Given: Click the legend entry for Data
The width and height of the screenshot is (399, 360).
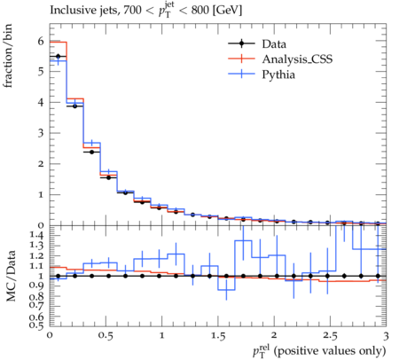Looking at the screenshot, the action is click(x=274, y=44).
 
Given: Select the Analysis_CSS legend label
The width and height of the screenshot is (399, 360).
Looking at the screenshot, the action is click(x=297, y=59).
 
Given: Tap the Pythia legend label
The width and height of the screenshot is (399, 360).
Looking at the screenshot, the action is click(x=278, y=74).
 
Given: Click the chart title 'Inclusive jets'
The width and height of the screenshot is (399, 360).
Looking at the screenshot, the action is click(x=84, y=10).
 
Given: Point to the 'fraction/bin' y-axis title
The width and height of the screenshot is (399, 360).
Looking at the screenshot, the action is click(x=8, y=56).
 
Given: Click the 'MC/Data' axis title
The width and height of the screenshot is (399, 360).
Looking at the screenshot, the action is click(x=11, y=276).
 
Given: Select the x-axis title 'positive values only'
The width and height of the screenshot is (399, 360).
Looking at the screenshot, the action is click(x=330, y=351).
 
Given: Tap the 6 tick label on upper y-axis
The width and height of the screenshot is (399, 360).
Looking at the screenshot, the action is click(x=41, y=41).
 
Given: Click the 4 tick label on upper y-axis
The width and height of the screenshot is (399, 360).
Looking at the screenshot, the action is click(x=41, y=102).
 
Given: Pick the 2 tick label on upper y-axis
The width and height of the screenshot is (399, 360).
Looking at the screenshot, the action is click(x=41, y=164).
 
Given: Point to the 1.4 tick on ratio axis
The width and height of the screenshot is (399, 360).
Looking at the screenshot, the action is click(x=36, y=235).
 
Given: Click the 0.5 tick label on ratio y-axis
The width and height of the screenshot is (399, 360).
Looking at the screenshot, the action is click(x=36, y=325).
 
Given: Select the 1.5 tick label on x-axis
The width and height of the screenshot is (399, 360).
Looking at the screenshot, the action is click(x=218, y=336).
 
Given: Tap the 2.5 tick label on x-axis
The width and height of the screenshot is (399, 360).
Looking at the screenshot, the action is click(x=330, y=336).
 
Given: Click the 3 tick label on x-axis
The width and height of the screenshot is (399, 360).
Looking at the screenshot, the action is click(x=386, y=336).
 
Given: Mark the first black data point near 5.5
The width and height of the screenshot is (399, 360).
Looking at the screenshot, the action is click(x=59, y=56).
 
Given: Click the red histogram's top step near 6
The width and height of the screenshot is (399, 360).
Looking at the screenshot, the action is click(x=59, y=42).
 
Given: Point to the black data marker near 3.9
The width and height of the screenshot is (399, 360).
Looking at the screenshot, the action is click(x=75, y=106).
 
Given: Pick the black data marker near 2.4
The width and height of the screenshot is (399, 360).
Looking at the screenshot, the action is click(x=92, y=152).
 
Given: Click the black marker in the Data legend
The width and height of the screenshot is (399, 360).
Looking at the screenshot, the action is click(x=241, y=43).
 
